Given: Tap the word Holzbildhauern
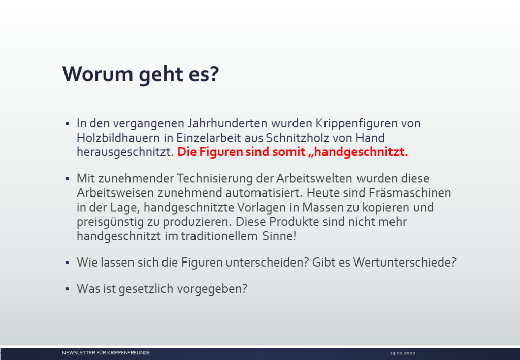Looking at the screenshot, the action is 118,138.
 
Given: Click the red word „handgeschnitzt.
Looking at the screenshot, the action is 358,152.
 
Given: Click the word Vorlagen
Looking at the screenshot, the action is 262,208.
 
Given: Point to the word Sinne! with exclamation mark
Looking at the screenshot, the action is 279,236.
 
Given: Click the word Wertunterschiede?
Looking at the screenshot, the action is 405,262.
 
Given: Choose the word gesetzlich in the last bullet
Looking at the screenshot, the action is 146,289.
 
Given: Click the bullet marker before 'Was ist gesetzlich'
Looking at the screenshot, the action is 67,289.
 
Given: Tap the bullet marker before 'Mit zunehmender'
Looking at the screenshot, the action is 67,179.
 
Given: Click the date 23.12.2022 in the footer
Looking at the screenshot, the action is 402,353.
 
